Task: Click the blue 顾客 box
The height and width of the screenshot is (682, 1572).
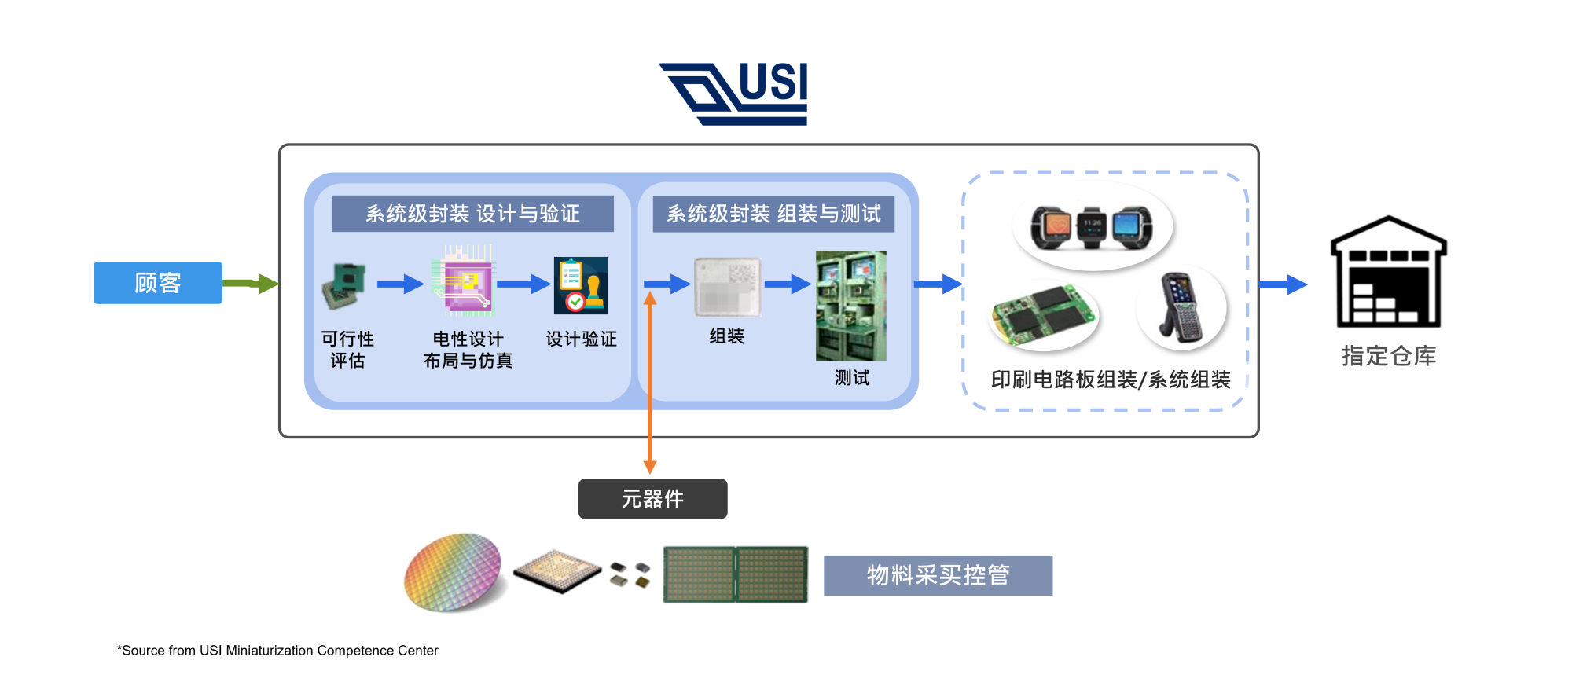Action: pos(157,283)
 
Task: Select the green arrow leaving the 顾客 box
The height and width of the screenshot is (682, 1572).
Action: pos(250,283)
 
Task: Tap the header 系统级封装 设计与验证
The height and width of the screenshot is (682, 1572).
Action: pos(472,214)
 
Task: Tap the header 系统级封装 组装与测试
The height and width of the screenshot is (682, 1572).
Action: pos(773,214)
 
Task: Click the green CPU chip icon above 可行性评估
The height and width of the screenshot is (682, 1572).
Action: pos(344,286)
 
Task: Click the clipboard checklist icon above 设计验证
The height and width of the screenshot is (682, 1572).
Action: pos(580,285)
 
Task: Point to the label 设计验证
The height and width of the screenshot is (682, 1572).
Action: pos(581,339)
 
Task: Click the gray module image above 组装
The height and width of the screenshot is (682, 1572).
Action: pos(727,288)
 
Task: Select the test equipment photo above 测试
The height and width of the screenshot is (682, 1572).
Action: pos(850,306)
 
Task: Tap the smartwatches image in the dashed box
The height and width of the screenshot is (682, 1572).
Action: pos(1093,227)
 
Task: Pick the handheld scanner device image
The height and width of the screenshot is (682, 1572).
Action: pos(1181,309)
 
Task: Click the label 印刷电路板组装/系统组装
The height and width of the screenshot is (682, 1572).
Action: pos(1110,380)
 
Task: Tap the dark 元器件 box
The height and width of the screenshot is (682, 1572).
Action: pos(652,499)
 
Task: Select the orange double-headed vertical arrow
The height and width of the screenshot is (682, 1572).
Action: pos(650,385)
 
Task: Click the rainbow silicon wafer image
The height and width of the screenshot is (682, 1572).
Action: pos(454,572)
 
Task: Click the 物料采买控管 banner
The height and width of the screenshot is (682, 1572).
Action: pos(938,575)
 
